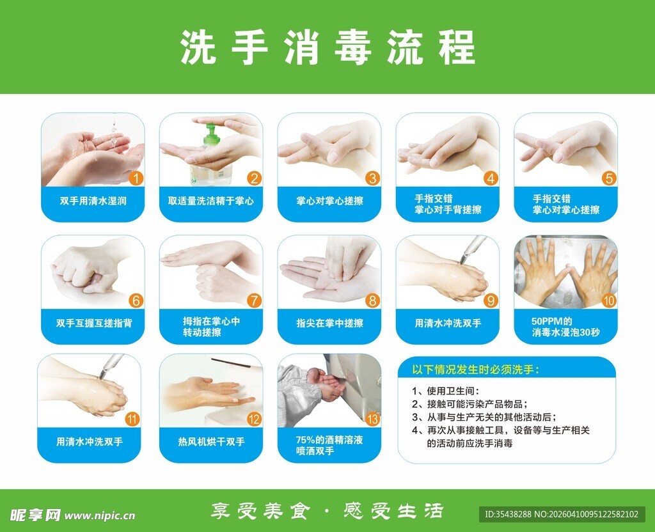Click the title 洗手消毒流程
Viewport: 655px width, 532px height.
point(327,47)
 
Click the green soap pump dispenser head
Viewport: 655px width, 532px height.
point(212,134)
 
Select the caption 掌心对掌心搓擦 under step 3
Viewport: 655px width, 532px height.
point(329,201)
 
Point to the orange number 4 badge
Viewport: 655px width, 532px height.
point(491,178)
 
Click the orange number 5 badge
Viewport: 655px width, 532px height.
point(608,178)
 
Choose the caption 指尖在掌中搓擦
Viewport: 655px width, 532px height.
point(329,324)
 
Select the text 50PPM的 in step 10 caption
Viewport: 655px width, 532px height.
point(550,320)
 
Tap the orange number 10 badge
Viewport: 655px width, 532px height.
point(608,300)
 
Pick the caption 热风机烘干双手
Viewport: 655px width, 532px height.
point(211,442)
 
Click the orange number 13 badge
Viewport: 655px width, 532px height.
point(372,419)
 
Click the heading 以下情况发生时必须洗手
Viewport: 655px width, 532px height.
point(475,370)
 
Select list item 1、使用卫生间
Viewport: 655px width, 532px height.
point(445,391)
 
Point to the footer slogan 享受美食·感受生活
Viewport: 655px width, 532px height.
point(327,511)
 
